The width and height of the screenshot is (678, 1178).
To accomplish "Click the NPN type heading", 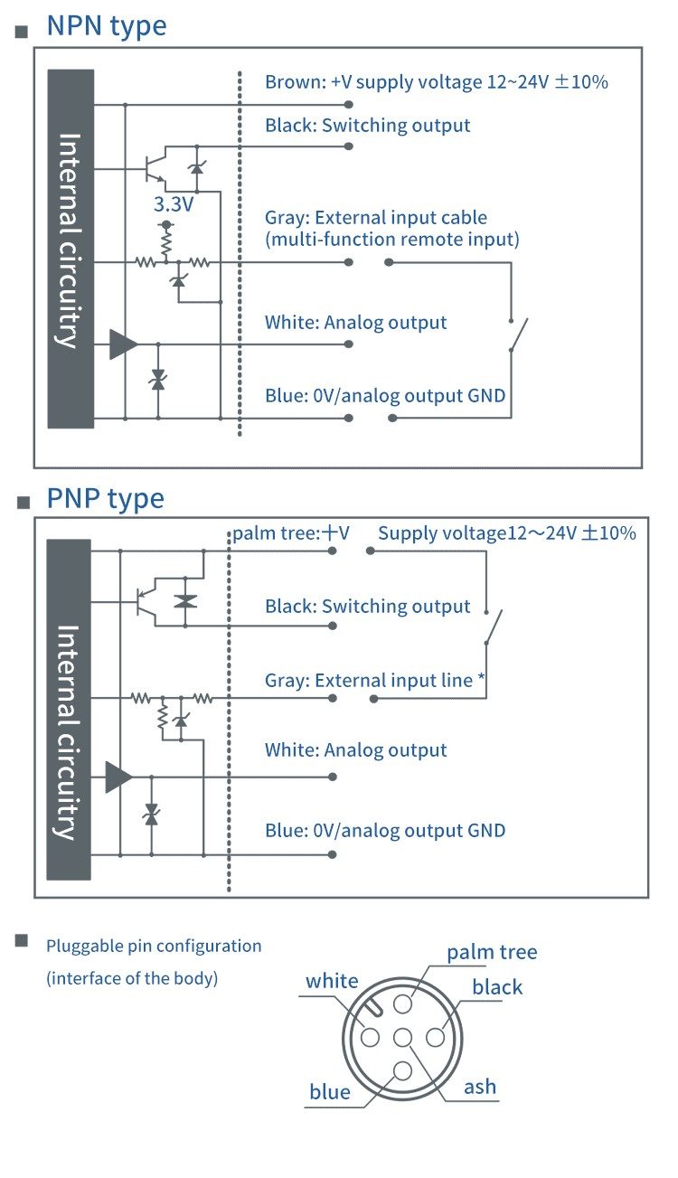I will (x=106, y=25).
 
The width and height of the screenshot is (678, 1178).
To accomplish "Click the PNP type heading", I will (x=105, y=498).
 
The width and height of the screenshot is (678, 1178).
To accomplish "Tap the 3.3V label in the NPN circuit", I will (x=174, y=205).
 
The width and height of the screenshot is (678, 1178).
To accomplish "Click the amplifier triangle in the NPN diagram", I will (x=123, y=344).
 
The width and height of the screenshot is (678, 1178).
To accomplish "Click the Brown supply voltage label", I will (x=436, y=82).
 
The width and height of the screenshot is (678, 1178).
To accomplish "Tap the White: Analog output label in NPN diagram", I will (x=355, y=323).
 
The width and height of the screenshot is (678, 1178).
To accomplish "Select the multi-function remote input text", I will (x=391, y=240).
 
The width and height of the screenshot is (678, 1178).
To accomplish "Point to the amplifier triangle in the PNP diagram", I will (x=118, y=777).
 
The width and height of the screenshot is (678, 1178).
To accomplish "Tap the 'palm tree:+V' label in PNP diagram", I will (x=290, y=533).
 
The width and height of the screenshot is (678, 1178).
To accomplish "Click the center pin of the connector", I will (x=402, y=1038).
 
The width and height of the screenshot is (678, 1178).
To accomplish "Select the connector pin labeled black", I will (x=435, y=1038).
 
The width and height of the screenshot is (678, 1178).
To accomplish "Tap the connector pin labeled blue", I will (x=402, y=1071).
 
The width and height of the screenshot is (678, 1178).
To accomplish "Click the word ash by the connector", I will (x=480, y=1087).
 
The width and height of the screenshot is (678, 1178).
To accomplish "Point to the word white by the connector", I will (x=332, y=982).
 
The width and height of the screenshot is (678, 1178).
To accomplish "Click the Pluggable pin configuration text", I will (x=154, y=947).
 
